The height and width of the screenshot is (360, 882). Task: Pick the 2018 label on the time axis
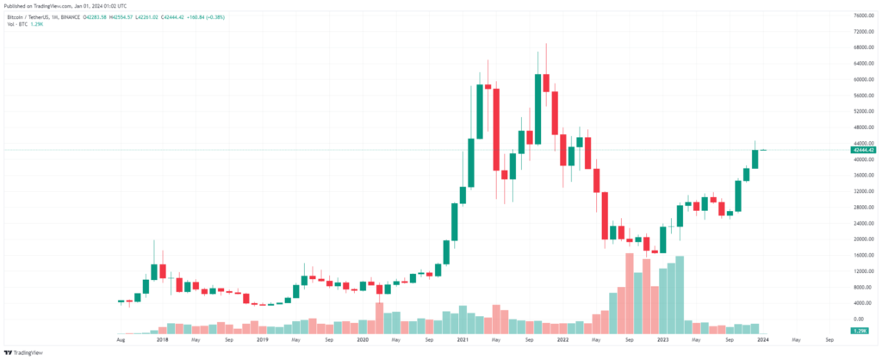point(162,340)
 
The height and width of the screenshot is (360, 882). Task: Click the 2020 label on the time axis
point(362,340)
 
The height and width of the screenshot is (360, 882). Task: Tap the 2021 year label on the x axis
point(462,340)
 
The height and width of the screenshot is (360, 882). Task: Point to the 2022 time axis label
point(562,340)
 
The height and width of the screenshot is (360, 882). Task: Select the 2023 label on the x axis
point(662,340)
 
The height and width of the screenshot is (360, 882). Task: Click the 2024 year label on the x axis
point(762,340)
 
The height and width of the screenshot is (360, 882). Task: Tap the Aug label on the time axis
point(121,340)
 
